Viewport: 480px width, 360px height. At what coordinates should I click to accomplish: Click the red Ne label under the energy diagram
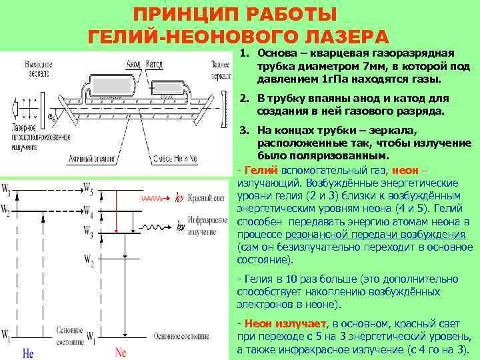point(121,351)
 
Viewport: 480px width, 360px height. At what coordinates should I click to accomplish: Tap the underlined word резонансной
point(313,234)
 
